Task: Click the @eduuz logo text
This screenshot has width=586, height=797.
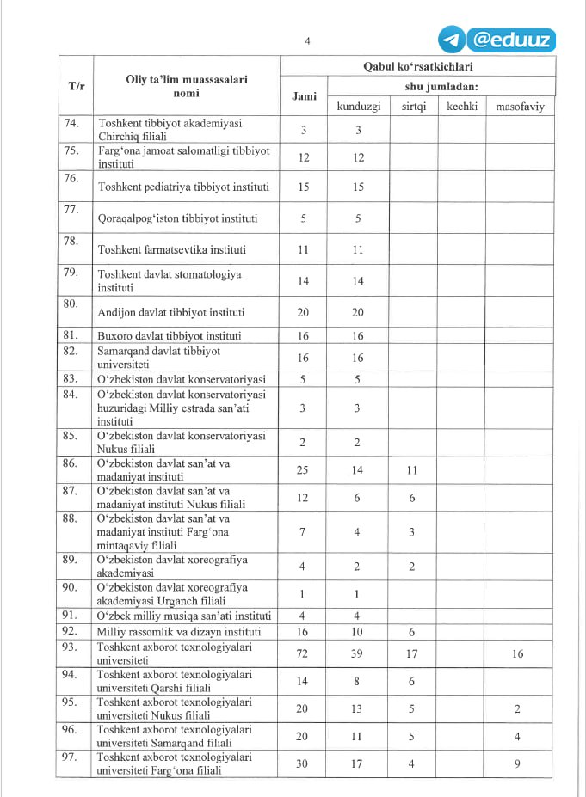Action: tap(513, 40)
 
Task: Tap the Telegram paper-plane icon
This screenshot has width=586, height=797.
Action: tap(452, 40)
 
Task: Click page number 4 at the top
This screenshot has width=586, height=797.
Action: tap(307, 40)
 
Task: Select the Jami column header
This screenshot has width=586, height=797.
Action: tap(304, 96)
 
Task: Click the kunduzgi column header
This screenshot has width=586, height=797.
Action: tap(358, 107)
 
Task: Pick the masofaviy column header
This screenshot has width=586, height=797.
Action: tap(521, 107)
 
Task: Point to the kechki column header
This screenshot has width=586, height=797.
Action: tap(462, 107)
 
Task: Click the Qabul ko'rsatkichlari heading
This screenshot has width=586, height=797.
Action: tap(417, 66)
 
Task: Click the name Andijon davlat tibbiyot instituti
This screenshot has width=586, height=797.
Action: tap(184, 312)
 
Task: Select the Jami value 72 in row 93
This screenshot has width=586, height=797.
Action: tap(303, 654)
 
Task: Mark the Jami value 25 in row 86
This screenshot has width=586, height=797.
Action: tap(303, 470)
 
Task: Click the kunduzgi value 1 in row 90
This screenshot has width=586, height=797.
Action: tap(357, 594)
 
